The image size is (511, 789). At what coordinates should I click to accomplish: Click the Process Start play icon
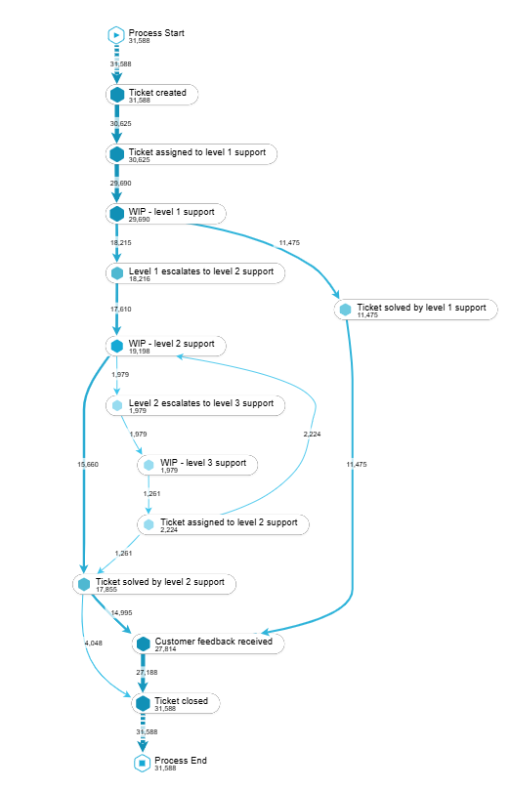116,35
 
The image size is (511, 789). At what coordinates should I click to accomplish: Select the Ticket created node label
157,93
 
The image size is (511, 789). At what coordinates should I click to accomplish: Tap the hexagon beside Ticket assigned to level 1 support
117,154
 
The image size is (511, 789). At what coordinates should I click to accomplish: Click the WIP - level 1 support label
172,212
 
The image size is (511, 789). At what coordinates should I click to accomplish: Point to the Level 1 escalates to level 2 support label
201,271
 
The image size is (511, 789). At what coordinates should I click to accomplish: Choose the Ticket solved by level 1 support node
416,310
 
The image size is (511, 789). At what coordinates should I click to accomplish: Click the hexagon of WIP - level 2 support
117,346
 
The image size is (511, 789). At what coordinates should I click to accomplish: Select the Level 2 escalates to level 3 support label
201,403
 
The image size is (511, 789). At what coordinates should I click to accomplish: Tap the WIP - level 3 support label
203,463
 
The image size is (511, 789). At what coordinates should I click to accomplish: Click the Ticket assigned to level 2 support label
229,522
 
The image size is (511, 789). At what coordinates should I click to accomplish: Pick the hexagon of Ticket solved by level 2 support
84,584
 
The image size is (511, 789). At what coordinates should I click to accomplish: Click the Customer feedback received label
213,641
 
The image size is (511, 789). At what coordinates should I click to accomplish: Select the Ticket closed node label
181,700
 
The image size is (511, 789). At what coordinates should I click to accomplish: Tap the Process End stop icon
143,763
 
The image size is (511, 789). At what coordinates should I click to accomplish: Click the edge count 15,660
88,465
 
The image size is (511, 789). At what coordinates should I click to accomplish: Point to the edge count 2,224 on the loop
312,434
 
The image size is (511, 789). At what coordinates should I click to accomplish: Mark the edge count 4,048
94,644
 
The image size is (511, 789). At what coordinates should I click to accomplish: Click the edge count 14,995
122,613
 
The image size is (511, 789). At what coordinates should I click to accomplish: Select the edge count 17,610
121,309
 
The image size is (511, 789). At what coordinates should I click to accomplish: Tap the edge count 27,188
147,672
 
